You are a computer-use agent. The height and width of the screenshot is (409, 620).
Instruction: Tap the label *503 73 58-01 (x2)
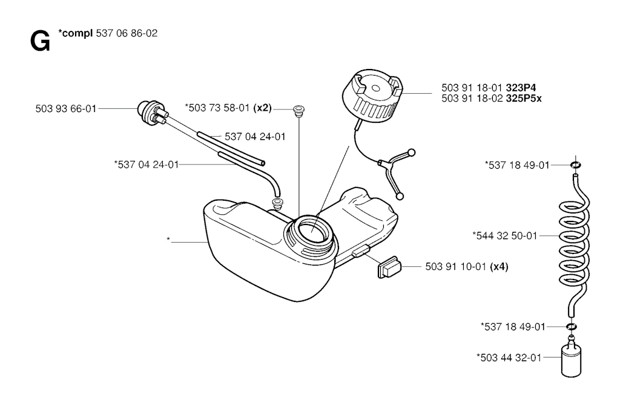[228, 108]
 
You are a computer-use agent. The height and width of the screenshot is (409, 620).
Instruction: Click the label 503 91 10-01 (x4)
[466, 266]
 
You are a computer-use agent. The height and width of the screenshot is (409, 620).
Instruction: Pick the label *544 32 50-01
[504, 236]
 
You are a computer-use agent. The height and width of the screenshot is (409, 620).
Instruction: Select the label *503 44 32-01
[509, 357]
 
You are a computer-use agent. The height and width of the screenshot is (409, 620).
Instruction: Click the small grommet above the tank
[298, 110]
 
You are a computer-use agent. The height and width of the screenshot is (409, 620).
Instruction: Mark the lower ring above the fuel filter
[571, 327]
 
